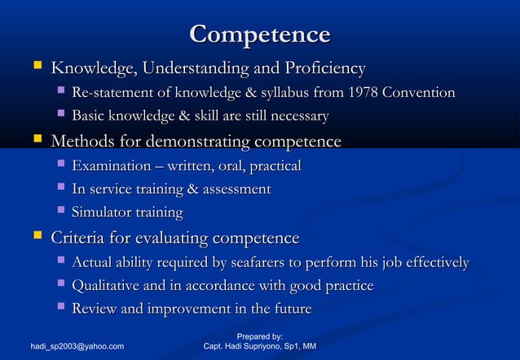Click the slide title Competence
point(259,35)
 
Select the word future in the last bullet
point(290,310)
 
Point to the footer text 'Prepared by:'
point(259,336)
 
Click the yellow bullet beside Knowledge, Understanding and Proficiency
point(36,68)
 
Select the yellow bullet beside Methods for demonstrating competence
point(36,142)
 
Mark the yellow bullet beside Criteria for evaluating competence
point(36,238)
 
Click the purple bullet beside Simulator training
point(59,212)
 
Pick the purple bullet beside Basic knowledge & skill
point(59,116)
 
